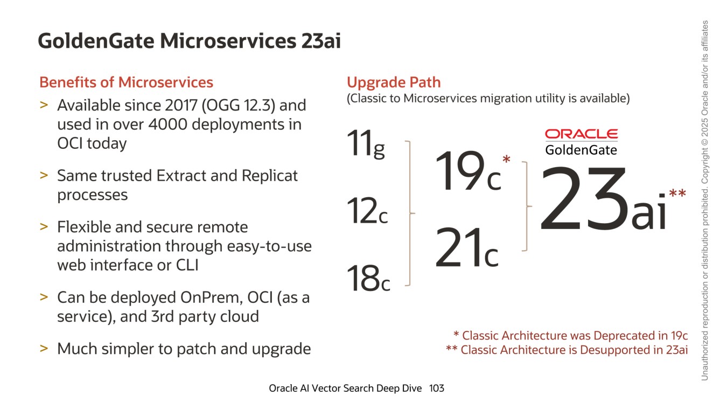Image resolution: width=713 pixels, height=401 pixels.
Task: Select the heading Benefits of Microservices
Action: pyautogui.click(x=127, y=82)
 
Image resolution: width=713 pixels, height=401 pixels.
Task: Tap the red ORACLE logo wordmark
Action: pyautogui.click(x=581, y=134)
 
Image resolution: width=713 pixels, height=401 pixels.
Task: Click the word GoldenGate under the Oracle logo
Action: pyautogui.click(x=581, y=149)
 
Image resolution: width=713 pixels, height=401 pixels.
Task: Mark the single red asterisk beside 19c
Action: pyautogui.click(x=506, y=160)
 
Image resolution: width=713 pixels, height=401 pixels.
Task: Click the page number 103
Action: pyautogui.click(x=437, y=388)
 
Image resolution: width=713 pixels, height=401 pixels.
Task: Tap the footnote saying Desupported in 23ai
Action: pyautogui.click(x=567, y=350)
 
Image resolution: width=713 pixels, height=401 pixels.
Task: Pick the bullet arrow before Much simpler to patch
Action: pyautogui.click(x=44, y=348)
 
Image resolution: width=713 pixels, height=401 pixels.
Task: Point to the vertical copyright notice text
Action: pyautogui.click(x=704, y=199)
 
